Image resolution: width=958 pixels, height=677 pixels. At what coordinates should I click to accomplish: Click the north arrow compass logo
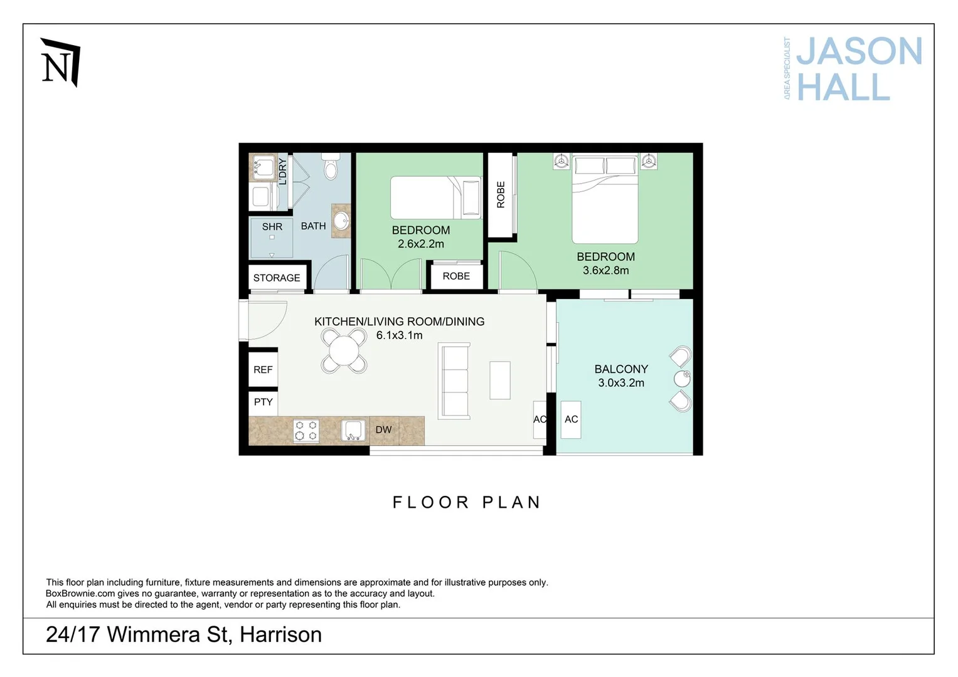coord(60,63)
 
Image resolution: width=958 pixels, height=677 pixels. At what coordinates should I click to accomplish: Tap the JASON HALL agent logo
coord(853,69)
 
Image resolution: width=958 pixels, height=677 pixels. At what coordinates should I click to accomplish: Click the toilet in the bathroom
coord(331,167)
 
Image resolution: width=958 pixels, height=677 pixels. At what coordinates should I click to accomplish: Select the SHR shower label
coord(272,227)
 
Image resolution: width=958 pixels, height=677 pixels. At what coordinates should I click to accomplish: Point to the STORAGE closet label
coord(277,278)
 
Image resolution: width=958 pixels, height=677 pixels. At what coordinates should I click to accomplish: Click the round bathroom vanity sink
coord(341,221)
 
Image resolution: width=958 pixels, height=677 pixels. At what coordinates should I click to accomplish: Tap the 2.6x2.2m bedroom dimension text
coord(420,244)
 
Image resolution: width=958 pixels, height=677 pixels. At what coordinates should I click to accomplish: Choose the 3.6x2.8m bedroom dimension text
coord(605,270)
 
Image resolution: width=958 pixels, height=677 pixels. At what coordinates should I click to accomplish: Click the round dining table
coord(344,351)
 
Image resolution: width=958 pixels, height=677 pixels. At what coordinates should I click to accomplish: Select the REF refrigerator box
coord(263,370)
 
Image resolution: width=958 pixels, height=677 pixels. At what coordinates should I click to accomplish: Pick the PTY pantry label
coord(263,402)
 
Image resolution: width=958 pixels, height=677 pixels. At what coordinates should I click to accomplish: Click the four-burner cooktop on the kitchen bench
coord(306,431)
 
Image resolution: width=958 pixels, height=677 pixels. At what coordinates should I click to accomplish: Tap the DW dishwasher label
coord(383,430)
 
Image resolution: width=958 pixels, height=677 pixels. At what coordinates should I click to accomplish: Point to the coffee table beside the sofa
coord(500,380)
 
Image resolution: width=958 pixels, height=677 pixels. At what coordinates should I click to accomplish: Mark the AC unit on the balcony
coord(571,419)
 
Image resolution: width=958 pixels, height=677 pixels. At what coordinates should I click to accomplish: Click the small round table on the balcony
coord(682,379)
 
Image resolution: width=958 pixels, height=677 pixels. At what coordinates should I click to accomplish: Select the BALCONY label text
coord(621,369)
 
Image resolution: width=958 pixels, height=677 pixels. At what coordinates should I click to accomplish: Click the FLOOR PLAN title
coord(467,502)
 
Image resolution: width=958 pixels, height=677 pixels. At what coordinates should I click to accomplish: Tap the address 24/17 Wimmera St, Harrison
coord(184,634)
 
